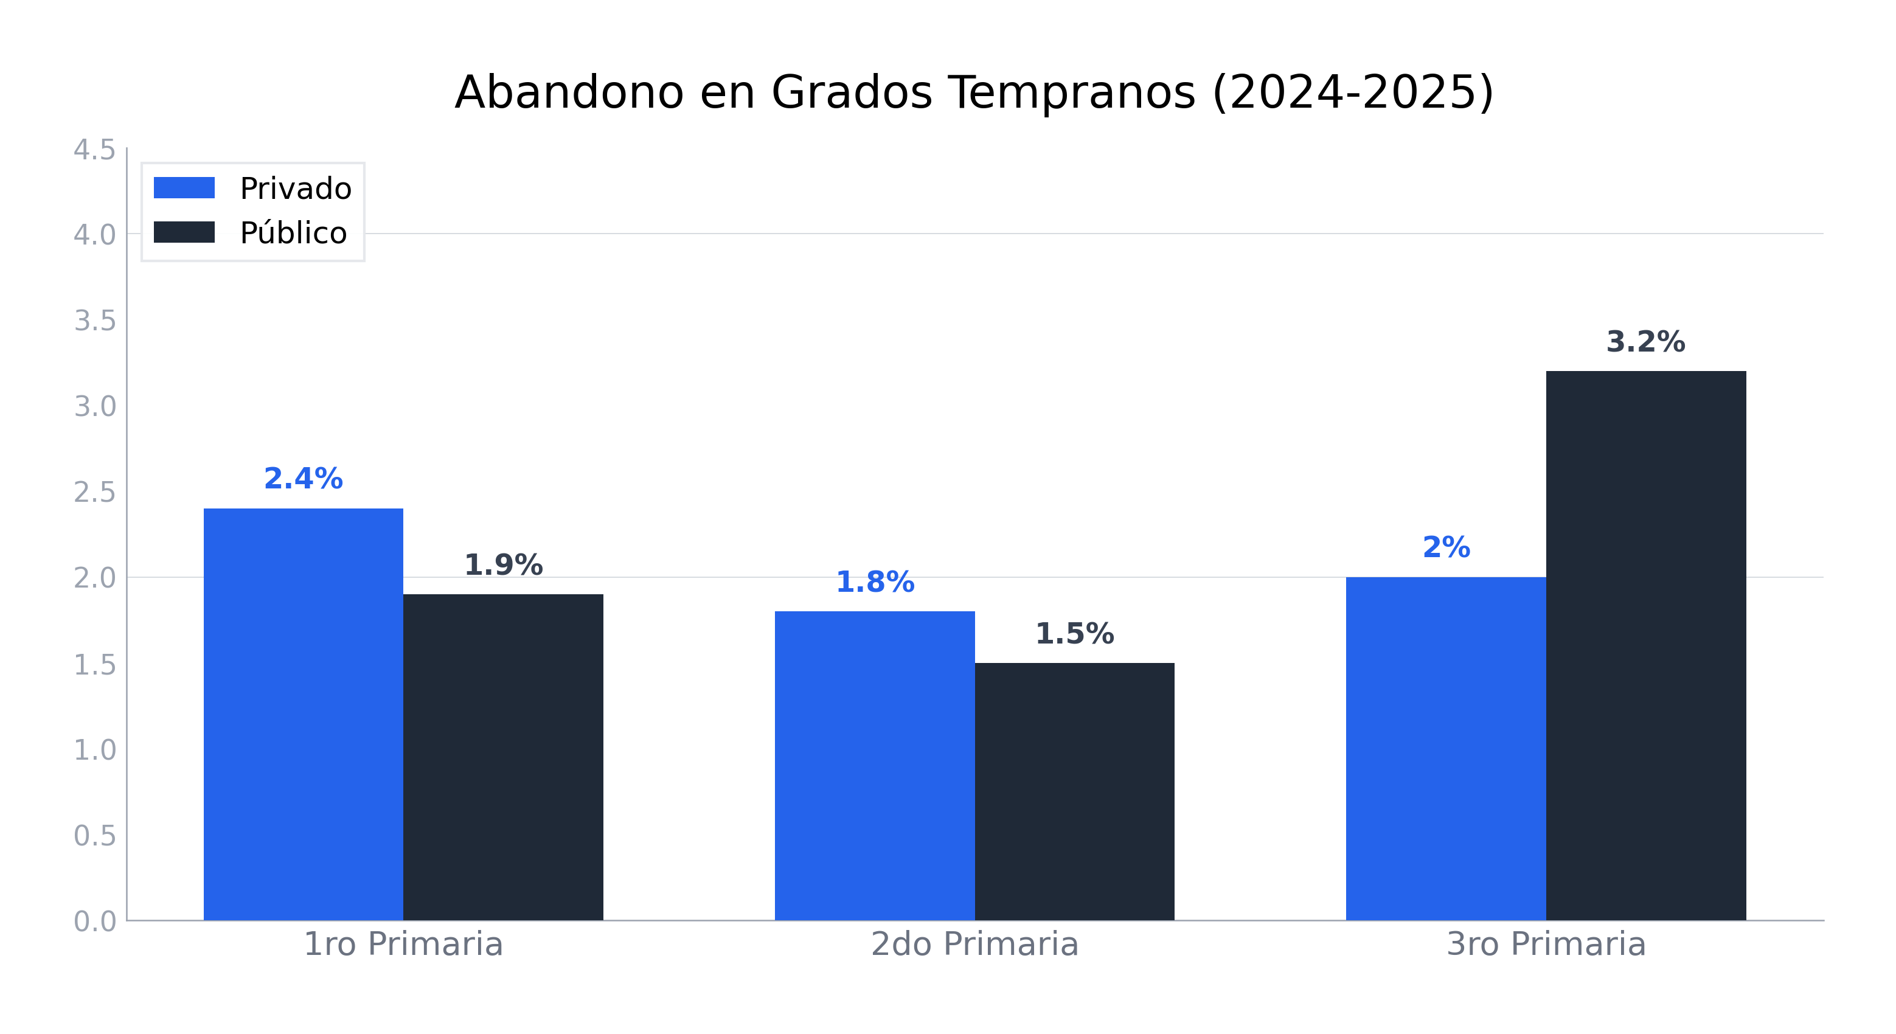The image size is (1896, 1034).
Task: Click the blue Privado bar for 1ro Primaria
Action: [x=304, y=714]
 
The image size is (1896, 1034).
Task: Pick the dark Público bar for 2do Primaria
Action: [x=1075, y=791]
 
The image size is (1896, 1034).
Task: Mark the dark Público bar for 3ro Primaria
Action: [x=1646, y=645]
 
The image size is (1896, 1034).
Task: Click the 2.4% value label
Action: [x=304, y=479]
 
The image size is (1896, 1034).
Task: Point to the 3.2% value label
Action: [x=1646, y=342]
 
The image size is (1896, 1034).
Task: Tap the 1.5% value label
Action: [x=1075, y=634]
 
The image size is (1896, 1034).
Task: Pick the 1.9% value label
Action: [x=504, y=566]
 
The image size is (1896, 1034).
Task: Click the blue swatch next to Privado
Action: [x=184, y=188]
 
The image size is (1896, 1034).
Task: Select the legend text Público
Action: [x=293, y=234]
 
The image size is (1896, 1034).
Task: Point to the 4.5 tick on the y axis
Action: [x=94, y=150]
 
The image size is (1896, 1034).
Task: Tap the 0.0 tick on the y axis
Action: [x=94, y=921]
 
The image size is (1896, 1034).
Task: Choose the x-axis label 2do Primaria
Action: [x=974, y=944]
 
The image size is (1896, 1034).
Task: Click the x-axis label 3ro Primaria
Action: [x=1546, y=944]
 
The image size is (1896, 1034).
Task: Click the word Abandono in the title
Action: [x=569, y=94]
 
